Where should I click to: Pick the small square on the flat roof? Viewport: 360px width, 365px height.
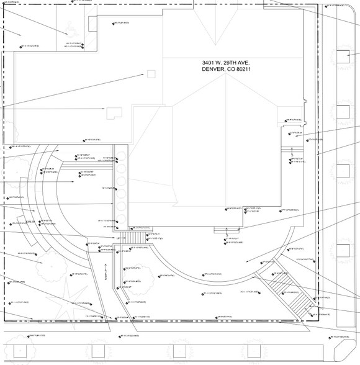[151, 74]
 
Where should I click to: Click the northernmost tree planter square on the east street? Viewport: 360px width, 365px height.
[343, 57]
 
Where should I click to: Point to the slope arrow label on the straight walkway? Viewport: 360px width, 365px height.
[107, 273]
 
